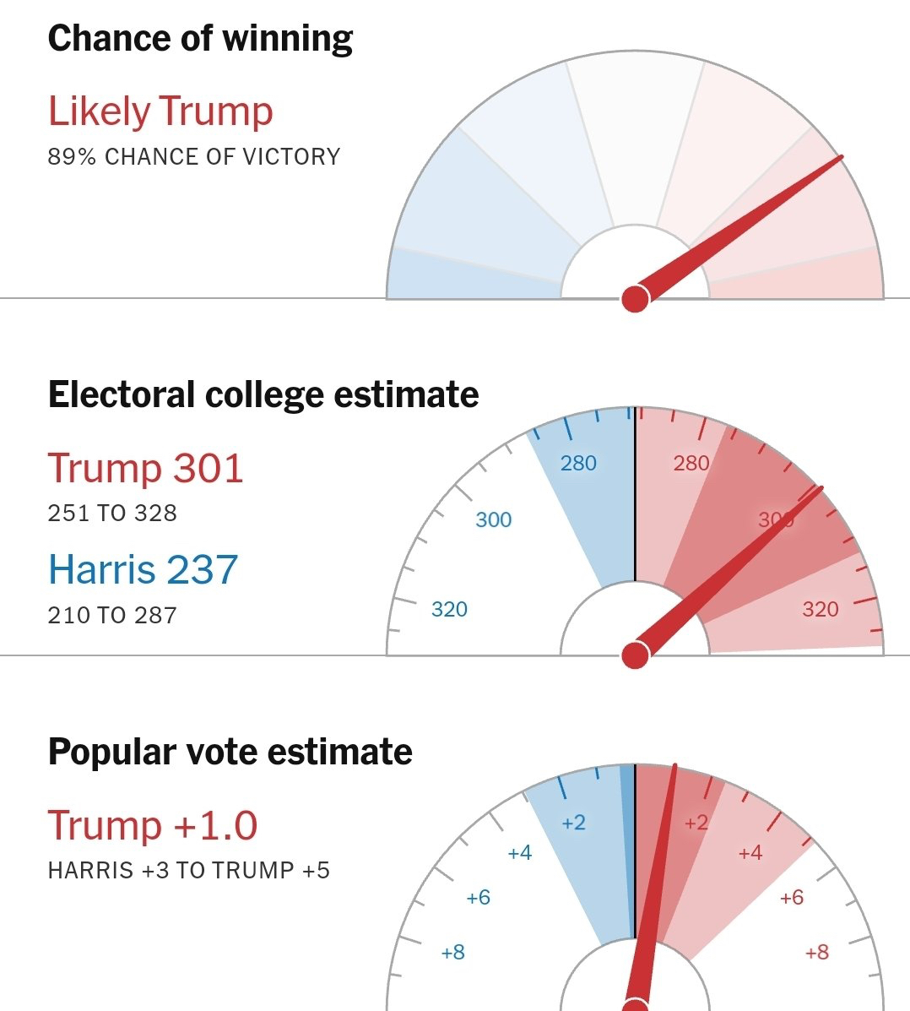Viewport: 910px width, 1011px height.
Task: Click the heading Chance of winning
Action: pyautogui.click(x=200, y=39)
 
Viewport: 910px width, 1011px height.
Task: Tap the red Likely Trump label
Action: pyautogui.click(x=160, y=111)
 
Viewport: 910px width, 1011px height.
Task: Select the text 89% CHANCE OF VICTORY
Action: pyautogui.click(x=193, y=157)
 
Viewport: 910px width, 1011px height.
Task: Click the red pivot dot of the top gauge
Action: pyautogui.click(x=635, y=298)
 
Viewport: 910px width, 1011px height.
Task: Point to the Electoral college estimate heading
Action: pyautogui.click(x=263, y=395)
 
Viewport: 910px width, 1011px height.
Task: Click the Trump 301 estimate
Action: pyautogui.click(x=145, y=468)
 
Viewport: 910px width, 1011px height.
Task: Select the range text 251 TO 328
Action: pyautogui.click(x=112, y=514)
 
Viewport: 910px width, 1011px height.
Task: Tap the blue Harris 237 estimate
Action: pyautogui.click(x=143, y=570)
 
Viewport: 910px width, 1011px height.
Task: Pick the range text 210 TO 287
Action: pyautogui.click(x=112, y=616)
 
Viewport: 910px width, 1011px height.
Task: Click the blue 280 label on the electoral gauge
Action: pyautogui.click(x=578, y=463)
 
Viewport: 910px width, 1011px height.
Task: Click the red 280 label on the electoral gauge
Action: pyautogui.click(x=691, y=463)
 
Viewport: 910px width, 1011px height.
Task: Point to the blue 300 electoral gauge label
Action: pyautogui.click(x=493, y=519)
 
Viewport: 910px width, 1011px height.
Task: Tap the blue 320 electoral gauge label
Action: pyautogui.click(x=449, y=609)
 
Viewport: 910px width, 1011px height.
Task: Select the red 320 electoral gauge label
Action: pyautogui.click(x=820, y=609)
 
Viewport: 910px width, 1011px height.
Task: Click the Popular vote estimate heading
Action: pyautogui.click(x=230, y=752)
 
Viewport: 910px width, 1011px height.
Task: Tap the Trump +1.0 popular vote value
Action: pyautogui.click(x=152, y=825)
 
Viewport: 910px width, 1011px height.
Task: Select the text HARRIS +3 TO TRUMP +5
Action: pyautogui.click(x=188, y=871)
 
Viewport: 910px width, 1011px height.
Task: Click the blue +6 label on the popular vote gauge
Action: pyautogui.click(x=478, y=897)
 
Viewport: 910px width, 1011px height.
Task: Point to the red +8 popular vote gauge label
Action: pyautogui.click(x=816, y=953)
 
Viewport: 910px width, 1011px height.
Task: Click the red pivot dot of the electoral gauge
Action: pyautogui.click(x=635, y=655)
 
